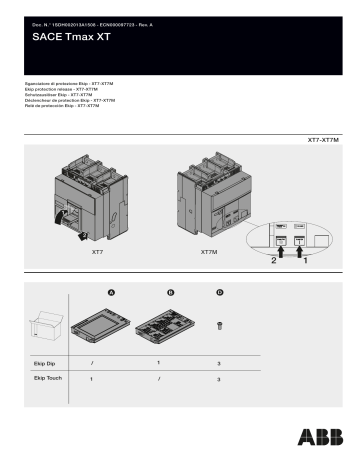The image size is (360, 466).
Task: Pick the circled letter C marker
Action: (x=219, y=292)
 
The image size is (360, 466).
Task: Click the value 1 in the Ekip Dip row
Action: (x=158, y=363)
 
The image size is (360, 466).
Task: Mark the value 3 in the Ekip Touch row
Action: (x=219, y=381)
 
